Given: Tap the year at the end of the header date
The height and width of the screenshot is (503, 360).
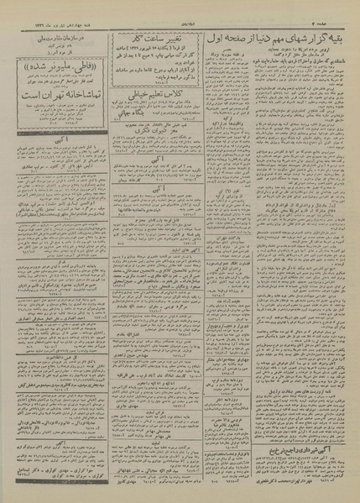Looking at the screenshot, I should [17, 8].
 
